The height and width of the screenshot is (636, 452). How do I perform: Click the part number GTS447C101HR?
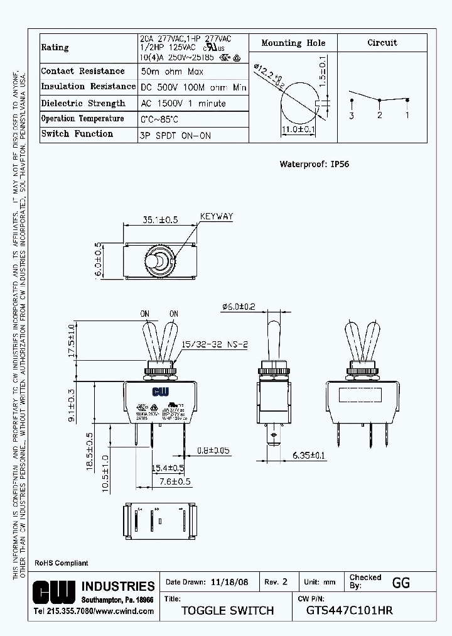[350, 610]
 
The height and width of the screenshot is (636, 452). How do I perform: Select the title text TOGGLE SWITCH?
[227, 610]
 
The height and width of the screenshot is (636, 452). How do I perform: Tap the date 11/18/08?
[230, 583]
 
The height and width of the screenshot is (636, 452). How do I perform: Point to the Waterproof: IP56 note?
[314, 164]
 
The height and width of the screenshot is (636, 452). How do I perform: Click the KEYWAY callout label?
[216, 217]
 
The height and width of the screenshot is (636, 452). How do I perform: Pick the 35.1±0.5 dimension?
[160, 220]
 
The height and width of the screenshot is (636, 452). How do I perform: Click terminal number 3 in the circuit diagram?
[352, 116]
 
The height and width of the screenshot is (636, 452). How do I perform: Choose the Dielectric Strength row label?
[83, 103]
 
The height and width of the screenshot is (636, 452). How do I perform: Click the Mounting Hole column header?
[293, 43]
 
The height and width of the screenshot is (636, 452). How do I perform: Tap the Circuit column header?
[382, 43]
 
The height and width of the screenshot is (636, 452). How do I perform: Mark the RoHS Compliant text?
[61, 563]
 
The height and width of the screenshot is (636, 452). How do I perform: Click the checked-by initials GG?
[401, 583]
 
